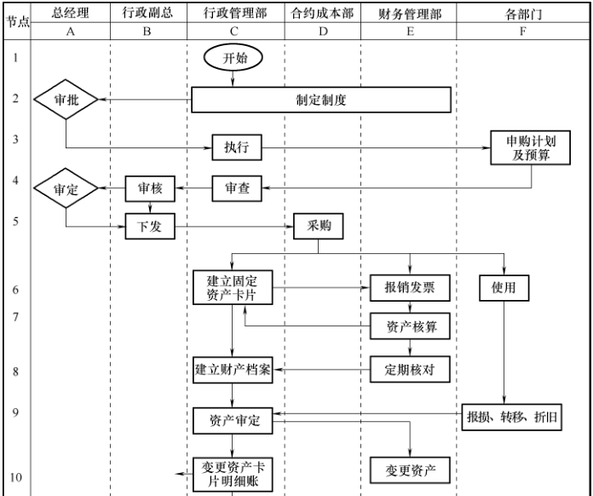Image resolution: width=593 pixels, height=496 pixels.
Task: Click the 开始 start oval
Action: (233, 58)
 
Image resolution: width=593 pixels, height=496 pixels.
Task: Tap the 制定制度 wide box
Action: (320, 100)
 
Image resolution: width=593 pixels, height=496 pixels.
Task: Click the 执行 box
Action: (236, 147)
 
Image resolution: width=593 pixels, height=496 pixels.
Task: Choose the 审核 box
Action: (150, 189)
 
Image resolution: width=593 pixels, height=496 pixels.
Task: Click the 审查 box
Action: (237, 189)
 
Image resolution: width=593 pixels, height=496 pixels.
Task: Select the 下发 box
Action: (150, 227)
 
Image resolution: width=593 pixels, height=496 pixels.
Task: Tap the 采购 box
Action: (319, 227)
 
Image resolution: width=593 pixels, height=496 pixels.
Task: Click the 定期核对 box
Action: (411, 370)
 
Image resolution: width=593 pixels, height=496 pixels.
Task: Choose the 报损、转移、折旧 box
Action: (513, 418)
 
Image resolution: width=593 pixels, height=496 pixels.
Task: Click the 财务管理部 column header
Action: (409, 14)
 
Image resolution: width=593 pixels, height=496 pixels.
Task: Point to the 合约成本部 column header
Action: (322, 14)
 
